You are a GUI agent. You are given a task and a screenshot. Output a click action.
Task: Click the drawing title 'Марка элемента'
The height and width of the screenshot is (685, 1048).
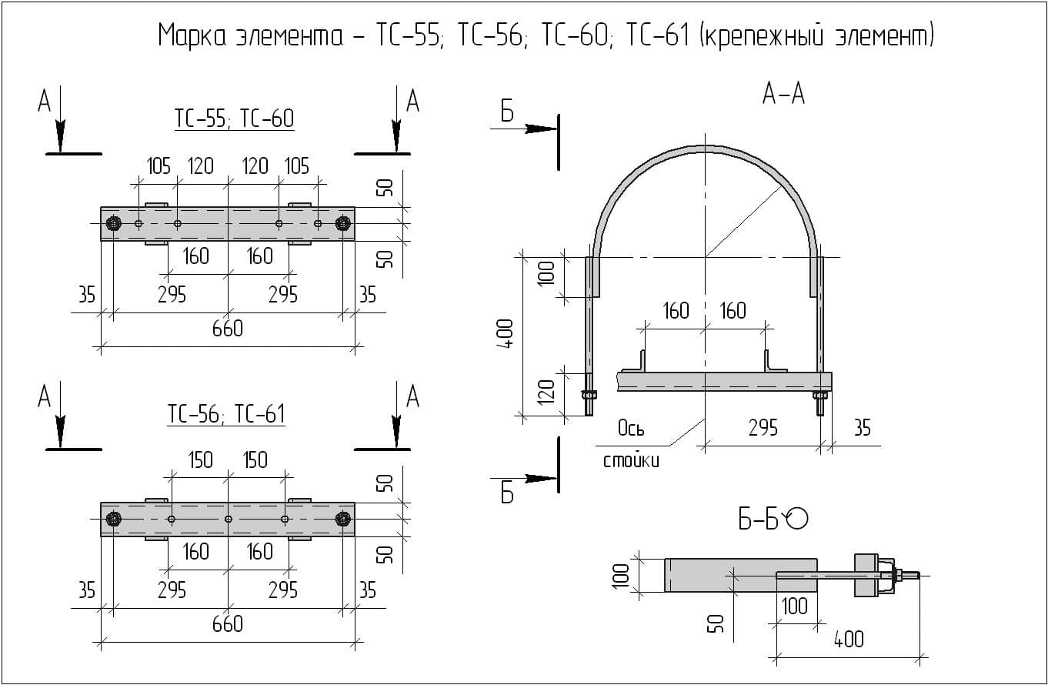pos(250,35)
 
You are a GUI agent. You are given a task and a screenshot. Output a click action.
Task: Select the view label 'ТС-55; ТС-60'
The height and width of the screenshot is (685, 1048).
pos(234,119)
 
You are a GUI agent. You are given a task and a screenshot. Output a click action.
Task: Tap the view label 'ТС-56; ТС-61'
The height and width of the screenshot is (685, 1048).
pos(226,414)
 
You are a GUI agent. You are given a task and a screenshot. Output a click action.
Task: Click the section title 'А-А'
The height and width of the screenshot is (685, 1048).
pos(783,94)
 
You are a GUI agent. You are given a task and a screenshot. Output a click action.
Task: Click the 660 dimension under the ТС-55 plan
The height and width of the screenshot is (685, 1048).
pos(228,329)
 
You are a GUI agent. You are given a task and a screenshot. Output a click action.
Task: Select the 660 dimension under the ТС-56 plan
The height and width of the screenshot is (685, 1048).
pos(228,623)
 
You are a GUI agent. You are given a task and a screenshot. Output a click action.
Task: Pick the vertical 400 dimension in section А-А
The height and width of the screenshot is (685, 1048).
pos(506,334)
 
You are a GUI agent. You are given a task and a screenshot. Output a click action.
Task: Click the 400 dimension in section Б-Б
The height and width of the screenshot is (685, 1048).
pos(848,639)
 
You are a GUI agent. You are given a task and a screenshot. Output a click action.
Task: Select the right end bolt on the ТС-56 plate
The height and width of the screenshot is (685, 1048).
pos(343,519)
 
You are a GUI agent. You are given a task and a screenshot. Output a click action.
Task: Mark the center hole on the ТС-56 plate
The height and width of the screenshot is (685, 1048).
pos(228,519)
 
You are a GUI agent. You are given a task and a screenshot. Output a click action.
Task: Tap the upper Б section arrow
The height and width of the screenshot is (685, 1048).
pos(540,129)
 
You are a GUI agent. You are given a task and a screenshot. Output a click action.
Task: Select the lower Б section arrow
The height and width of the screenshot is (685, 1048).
pos(540,479)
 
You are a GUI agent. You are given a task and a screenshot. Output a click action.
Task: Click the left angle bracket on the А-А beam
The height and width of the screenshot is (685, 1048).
pos(641,362)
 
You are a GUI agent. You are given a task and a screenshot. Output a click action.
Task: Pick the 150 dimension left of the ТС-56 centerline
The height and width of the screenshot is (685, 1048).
pos(200,460)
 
